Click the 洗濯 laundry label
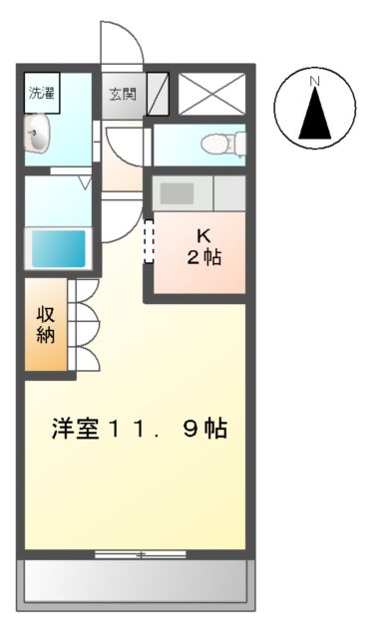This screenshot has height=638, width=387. (41, 95)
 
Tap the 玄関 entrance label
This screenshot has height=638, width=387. (123, 96)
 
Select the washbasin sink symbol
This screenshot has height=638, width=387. (39, 135)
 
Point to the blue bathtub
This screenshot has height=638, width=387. (58, 246)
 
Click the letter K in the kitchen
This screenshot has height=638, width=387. (203, 236)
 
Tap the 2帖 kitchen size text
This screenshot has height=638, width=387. (203, 257)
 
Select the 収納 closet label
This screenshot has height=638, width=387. (46, 324)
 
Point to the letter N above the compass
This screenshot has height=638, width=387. (314, 80)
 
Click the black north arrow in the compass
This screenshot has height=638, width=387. (315, 114)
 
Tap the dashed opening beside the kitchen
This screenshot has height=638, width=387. (150, 241)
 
